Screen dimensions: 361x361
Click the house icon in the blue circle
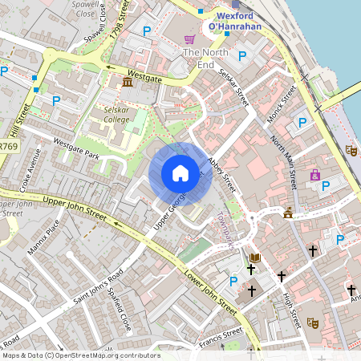(180, 173)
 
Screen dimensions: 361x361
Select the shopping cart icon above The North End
(190, 39)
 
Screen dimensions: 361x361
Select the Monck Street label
(284, 101)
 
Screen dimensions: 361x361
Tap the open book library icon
(256, 258)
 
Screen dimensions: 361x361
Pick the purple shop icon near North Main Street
(315, 175)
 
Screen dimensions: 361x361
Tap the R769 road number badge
(8, 147)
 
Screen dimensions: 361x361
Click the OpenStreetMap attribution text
(80, 355)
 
